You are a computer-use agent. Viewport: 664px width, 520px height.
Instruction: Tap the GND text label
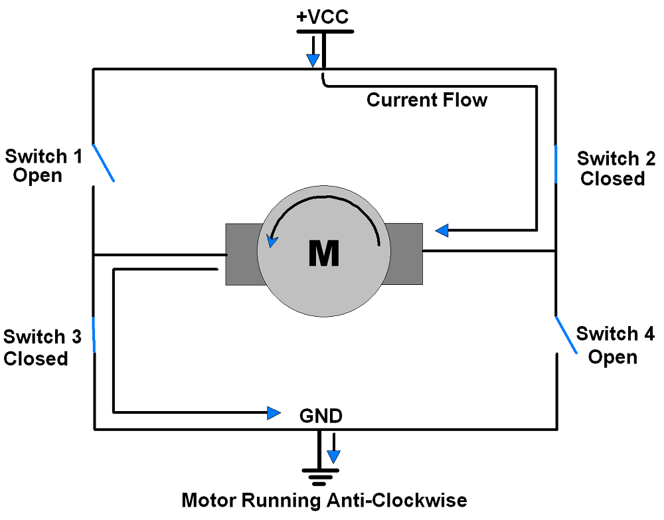tap(321, 416)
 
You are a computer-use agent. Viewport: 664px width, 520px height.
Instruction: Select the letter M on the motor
tap(324, 253)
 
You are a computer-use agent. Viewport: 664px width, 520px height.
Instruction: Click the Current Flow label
tap(427, 100)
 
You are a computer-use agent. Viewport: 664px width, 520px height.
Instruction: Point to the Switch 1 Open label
tap(43, 166)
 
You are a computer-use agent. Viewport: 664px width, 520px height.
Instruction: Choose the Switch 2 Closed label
tap(615, 169)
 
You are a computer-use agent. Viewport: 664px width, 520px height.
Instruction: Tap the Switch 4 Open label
tap(614, 345)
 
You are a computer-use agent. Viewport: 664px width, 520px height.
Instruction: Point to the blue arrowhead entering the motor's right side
tap(442, 230)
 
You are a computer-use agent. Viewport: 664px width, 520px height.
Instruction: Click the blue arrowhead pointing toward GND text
tap(274, 413)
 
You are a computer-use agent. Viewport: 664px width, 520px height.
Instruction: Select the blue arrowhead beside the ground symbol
tap(333, 457)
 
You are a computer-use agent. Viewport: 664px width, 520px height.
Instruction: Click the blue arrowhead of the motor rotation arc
tap(272, 240)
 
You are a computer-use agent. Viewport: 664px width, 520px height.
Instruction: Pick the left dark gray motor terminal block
tap(241, 254)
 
